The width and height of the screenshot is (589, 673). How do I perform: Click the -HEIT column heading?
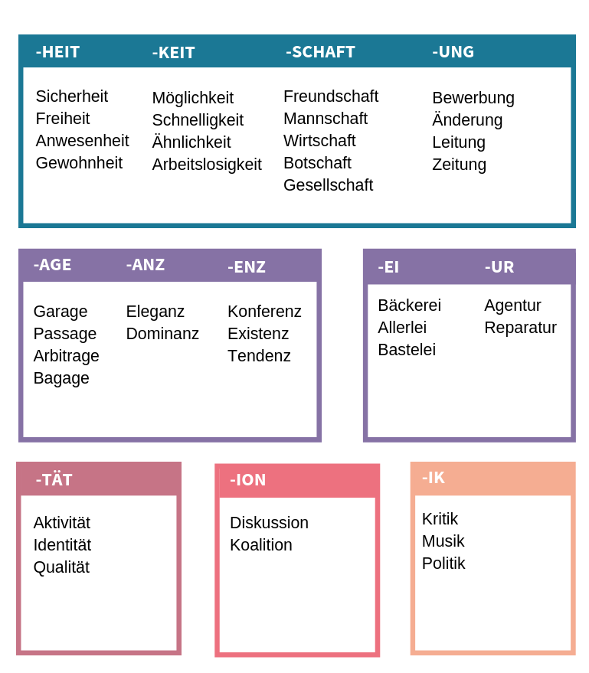(57, 52)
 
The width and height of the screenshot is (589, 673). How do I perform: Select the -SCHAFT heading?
(320, 52)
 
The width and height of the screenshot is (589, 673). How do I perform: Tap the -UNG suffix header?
(453, 52)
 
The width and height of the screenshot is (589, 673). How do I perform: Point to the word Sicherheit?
(72, 96)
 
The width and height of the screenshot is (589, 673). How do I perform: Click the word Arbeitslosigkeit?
(207, 165)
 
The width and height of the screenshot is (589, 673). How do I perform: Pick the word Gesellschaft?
(329, 185)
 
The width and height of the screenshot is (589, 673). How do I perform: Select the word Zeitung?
(459, 165)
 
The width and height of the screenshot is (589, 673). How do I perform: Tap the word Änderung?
(467, 119)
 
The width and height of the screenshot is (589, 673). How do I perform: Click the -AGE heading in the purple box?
(52, 265)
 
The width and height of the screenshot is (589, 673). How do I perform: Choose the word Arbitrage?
(66, 356)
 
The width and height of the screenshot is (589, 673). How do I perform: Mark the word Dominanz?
(162, 334)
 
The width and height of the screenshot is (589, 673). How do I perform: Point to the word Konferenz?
(264, 311)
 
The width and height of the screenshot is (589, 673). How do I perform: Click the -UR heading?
(499, 267)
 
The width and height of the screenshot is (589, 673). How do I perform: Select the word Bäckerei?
(409, 305)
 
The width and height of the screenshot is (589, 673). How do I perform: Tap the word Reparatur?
(520, 328)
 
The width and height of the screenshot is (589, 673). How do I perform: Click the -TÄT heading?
(54, 479)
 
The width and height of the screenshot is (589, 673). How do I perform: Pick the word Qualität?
(61, 567)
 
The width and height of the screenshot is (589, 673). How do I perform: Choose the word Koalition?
(261, 544)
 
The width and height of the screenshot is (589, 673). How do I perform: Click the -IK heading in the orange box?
(434, 478)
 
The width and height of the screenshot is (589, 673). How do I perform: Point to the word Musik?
(443, 541)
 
